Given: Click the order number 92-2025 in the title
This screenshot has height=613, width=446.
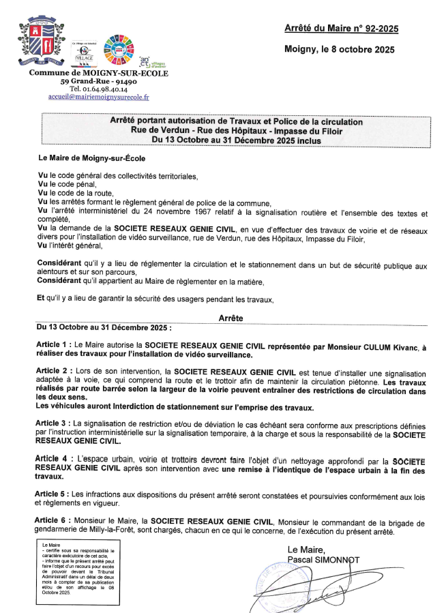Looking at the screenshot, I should point(375,29).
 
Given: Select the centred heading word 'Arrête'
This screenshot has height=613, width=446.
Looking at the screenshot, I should point(232,318).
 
